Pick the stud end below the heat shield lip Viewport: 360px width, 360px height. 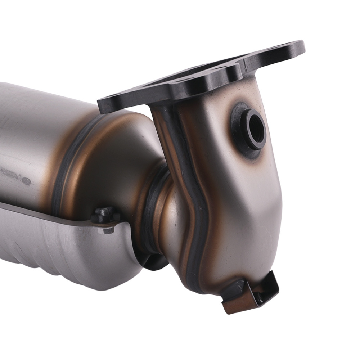coord(108,229)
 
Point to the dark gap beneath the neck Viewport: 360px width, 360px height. coord(155,261)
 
